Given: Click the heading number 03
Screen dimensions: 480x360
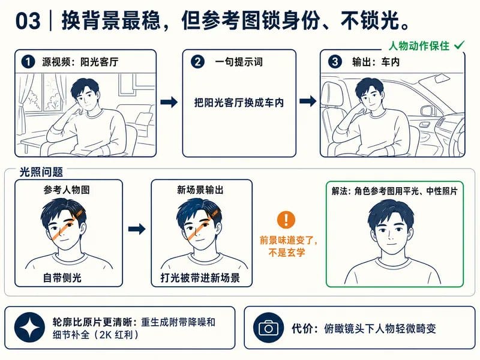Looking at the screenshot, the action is pos(28,21).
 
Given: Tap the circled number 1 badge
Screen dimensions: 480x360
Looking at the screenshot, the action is pos(28,62).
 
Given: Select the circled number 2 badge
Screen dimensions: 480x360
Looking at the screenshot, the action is pos(197,62).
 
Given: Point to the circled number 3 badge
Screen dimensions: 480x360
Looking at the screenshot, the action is pos(335,62).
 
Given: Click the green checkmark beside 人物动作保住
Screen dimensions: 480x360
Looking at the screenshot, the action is pos(459,46).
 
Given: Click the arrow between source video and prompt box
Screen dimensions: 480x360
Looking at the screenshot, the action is pos(169,102).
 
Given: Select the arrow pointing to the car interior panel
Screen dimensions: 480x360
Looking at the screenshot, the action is pos(308,101).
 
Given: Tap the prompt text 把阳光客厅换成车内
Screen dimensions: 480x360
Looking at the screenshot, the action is pos(239,103).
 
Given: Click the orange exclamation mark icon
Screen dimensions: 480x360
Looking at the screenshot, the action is pos(286,220).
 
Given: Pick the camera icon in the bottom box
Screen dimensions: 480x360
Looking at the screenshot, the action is pos(268,328).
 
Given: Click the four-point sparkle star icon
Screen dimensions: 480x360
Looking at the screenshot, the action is pos(29,328).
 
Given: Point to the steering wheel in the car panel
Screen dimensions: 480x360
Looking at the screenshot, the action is pos(458,134).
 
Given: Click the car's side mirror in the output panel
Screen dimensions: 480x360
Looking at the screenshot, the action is pos(427,110).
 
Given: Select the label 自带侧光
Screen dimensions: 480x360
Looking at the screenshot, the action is pos(62,278).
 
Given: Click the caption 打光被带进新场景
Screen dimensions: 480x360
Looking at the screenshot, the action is pos(200,278).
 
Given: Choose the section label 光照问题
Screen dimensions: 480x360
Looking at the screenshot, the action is pos(41,172).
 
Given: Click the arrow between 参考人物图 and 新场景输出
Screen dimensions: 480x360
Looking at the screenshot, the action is pos(137,229).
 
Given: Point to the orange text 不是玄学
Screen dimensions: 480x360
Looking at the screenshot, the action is pos(287,253).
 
